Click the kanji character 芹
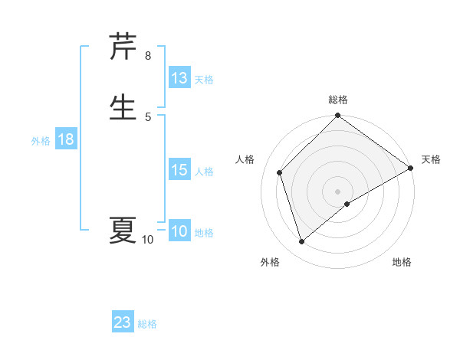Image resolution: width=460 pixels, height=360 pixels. click(x=123, y=47)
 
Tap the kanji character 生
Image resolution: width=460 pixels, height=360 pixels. click(x=123, y=106)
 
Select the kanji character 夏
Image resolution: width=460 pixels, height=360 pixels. click(x=123, y=230)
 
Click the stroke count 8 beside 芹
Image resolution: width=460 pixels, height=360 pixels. click(x=147, y=56)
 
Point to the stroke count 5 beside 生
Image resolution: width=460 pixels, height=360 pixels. click(x=147, y=116)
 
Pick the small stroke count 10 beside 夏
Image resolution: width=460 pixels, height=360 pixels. click(x=147, y=240)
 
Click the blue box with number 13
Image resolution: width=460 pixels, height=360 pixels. click(x=179, y=78)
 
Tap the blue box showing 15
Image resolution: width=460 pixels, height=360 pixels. click(x=179, y=170)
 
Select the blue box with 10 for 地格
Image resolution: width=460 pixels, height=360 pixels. click(x=179, y=231)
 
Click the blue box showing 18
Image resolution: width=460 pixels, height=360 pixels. click(x=65, y=139)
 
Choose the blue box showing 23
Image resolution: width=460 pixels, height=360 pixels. click(x=123, y=322)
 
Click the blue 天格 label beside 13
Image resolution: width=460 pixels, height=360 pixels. click(x=204, y=79)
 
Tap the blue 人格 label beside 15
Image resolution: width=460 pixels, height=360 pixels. click(x=204, y=171)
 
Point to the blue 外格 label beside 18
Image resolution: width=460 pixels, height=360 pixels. click(x=41, y=140)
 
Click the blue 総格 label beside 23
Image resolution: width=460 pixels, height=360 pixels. click(x=147, y=323)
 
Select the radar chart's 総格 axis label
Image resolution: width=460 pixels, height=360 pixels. click(x=338, y=100)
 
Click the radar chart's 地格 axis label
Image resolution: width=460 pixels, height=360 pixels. click(x=402, y=262)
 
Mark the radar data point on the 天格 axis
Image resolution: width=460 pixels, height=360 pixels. click(x=411, y=169)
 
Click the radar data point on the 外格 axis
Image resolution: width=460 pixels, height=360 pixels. click(x=302, y=242)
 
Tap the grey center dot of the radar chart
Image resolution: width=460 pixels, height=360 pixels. click(x=338, y=191)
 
